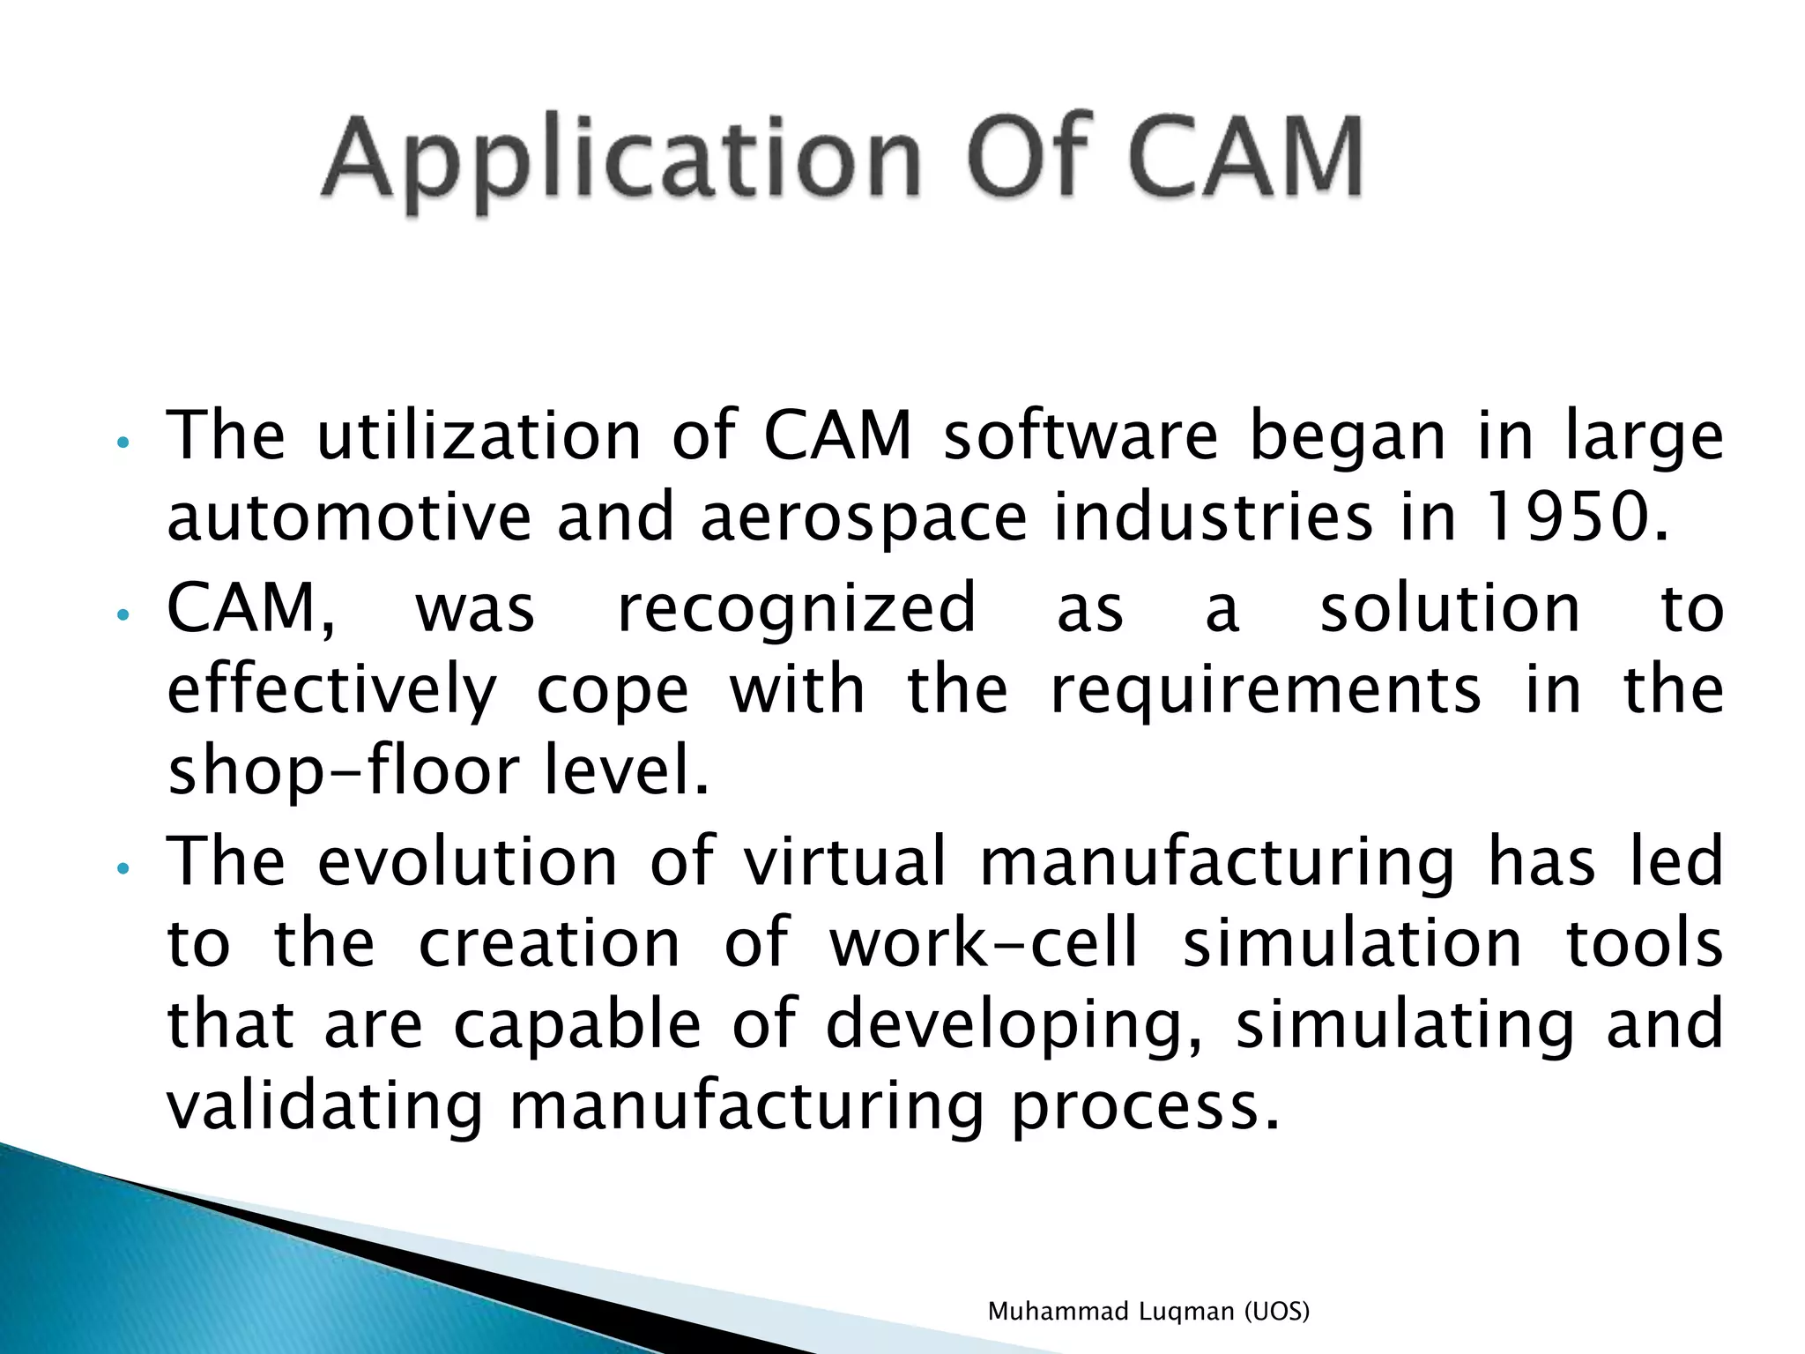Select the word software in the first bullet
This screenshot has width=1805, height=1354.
coord(1081,435)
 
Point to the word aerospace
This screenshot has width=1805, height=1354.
coord(864,518)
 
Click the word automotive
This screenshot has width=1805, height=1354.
coord(349,517)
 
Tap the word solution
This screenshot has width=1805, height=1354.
coord(1450,608)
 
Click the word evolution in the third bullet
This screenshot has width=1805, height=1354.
coord(466,861)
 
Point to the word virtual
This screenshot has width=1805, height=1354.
coord(845,861)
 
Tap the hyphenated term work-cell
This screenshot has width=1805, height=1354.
coord(984,943)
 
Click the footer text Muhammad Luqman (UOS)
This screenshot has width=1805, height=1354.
coord(1148,1312)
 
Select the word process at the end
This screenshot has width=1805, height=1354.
coord(1144,1108)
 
